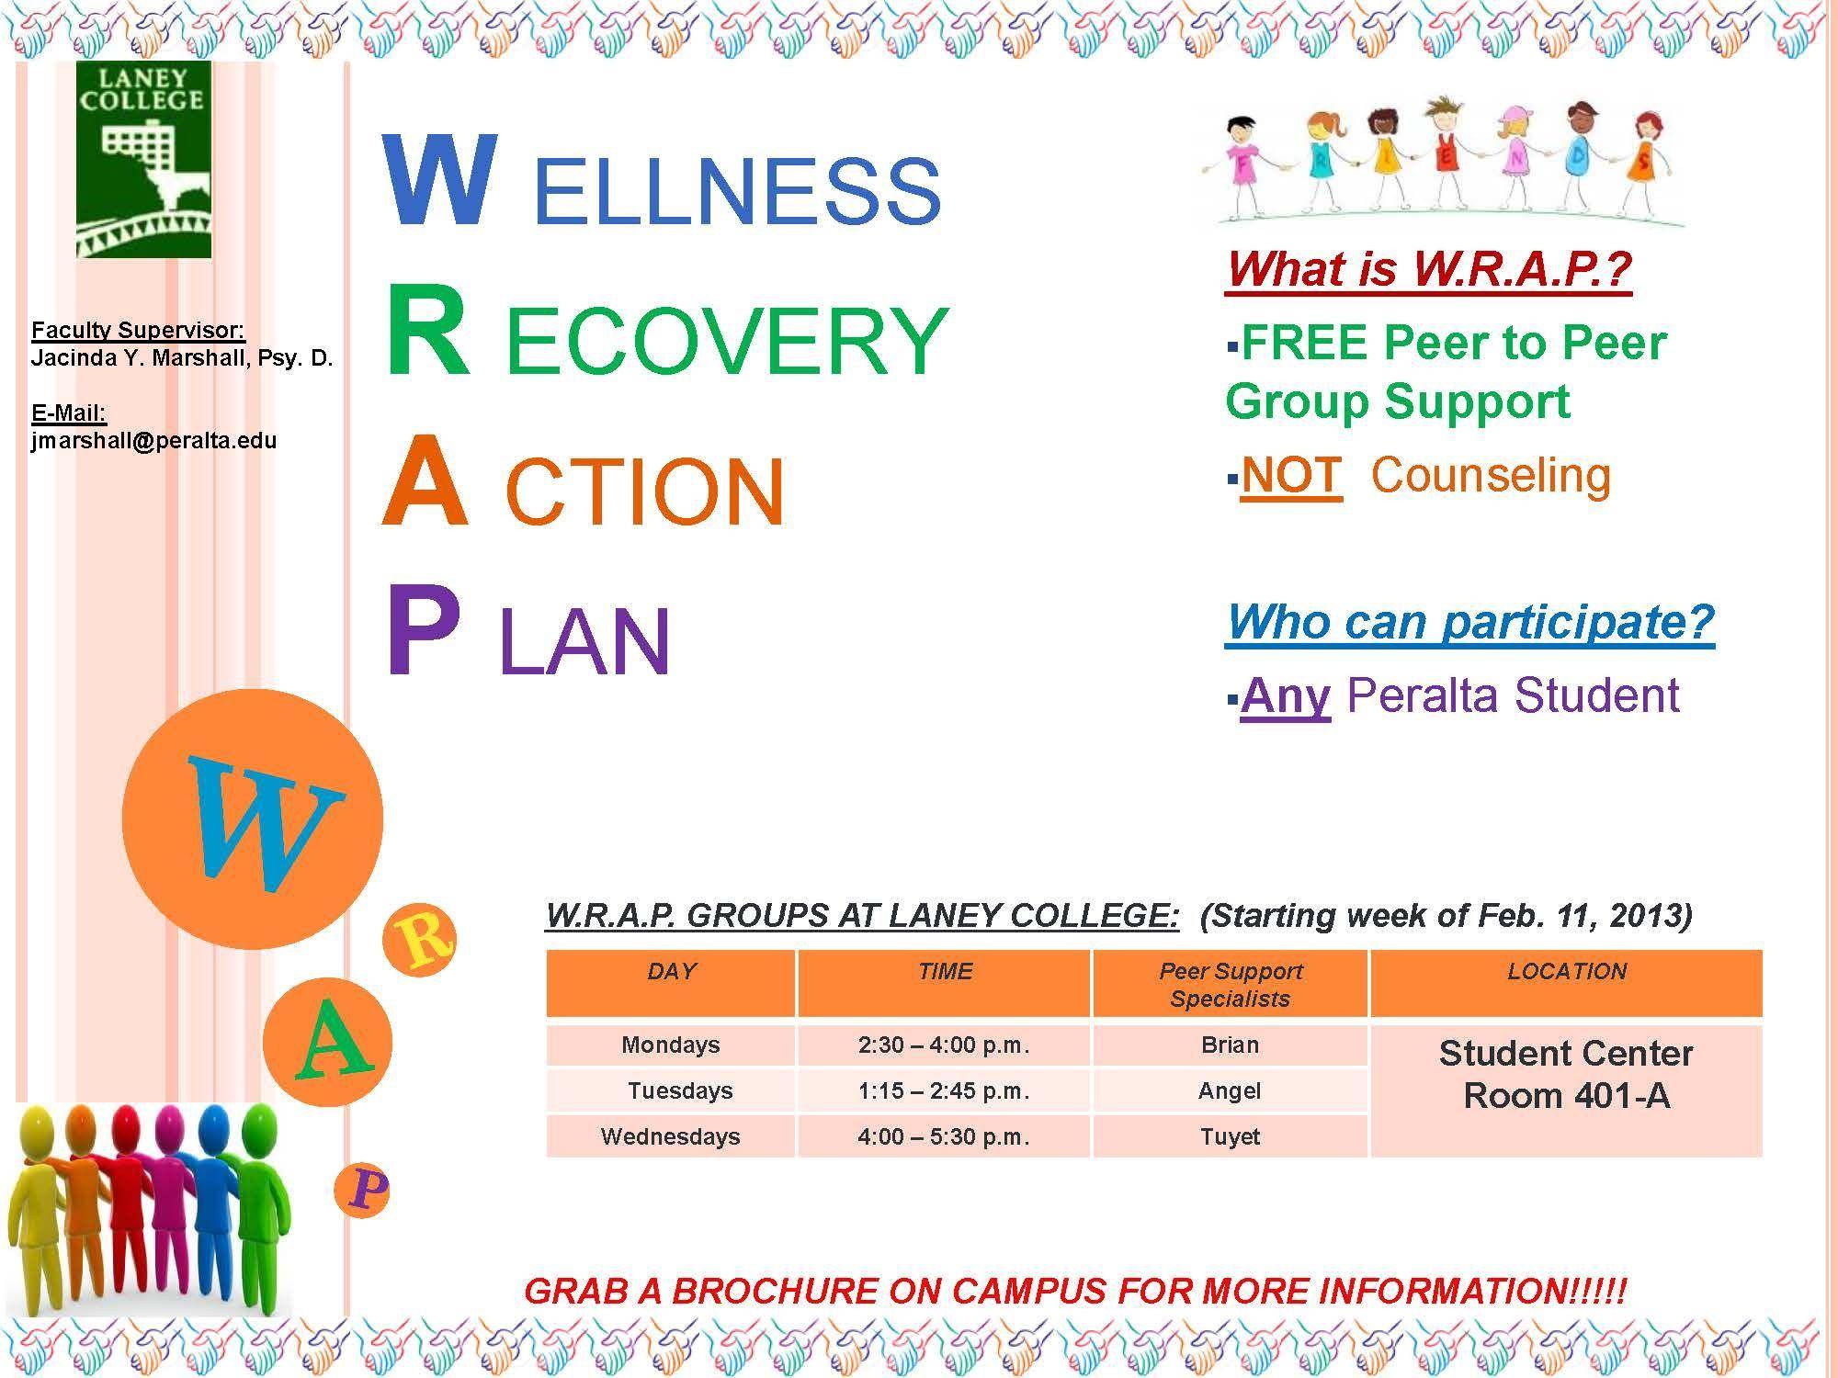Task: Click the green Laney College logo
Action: (143, 160)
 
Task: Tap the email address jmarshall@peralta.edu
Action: (153, 440)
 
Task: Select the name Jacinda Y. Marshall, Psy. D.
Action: (182, 357)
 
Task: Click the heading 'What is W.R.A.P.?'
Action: (1428, 268)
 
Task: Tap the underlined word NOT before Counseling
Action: (1291, 475)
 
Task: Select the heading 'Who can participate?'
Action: (1470, 622)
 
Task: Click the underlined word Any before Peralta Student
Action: (1285, 696)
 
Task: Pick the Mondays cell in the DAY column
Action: (671, 1045)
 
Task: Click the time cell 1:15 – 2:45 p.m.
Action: (944, 1090)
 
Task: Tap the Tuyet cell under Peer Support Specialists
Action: (1230, 1136)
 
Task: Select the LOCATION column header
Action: (1567, 984)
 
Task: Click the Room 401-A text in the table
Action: (1566, 1095)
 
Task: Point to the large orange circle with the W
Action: (252, 819)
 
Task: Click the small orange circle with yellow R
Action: (419, 939)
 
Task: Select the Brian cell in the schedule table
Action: (1230, 1045)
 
